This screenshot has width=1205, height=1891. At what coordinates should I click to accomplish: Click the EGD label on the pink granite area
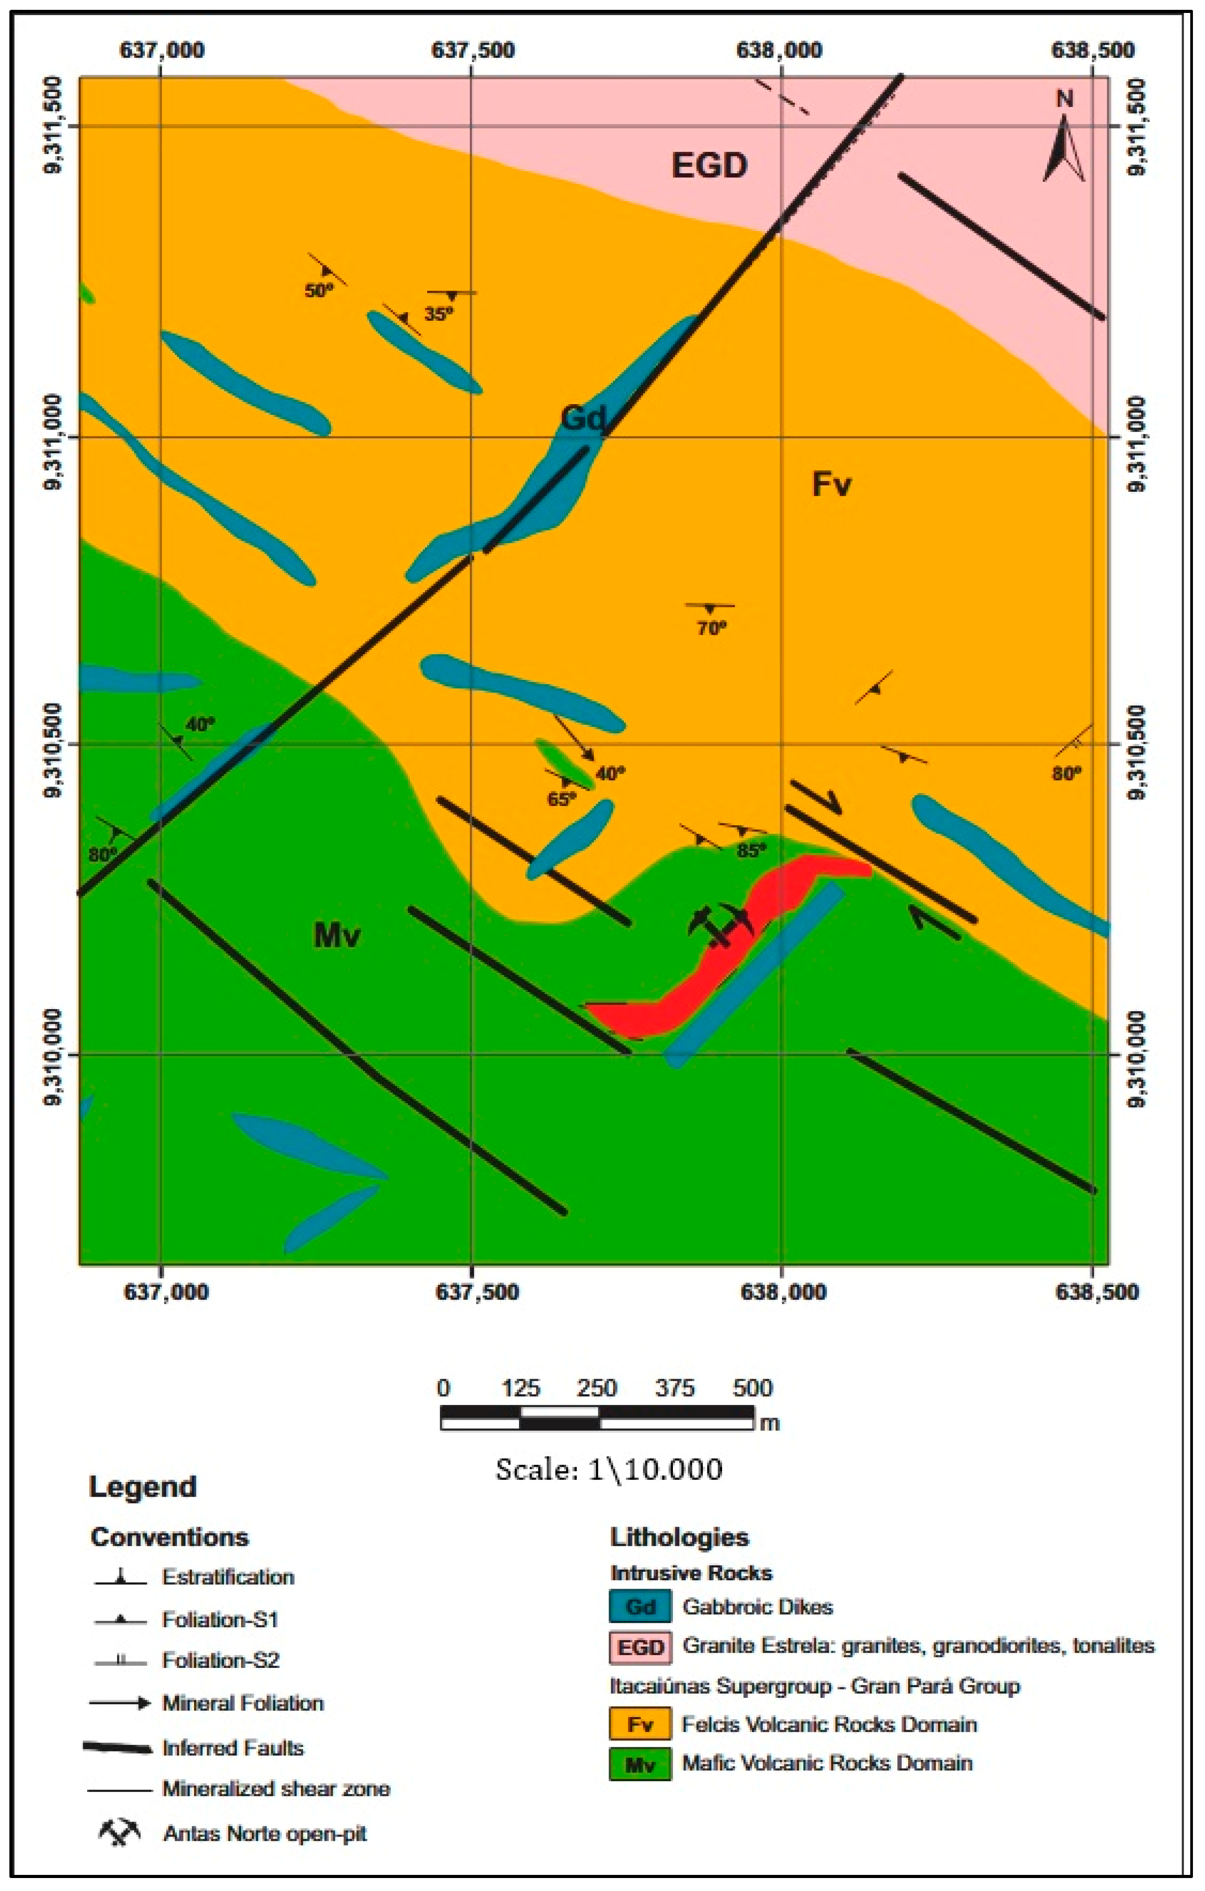pyautogui.click(x=709, y=165)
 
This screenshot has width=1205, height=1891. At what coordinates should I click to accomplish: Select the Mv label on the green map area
pyautogui.click(x=336, y=934)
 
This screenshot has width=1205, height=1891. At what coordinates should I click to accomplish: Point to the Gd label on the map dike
pyautogui.click(x=583, y=418)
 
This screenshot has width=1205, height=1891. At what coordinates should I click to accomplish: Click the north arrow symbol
pyautogui.click(x=1065, y=145)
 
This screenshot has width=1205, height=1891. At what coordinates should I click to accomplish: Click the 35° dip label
pyautogui.click(x=438, y=314)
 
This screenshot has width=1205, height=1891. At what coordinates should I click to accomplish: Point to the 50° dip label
pyautogui.click(x=319, y=291)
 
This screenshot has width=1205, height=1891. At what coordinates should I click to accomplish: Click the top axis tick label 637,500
pyautogui.click(x=473, y=50)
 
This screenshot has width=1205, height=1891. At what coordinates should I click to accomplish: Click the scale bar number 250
pyautogui.click(x=597, y=1388)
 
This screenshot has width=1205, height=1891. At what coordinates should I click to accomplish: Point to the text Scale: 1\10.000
pyautogui.click(x=609, y=1469)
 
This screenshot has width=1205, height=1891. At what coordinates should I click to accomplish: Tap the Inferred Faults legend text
pyautogui.click(x=233, y=1747)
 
